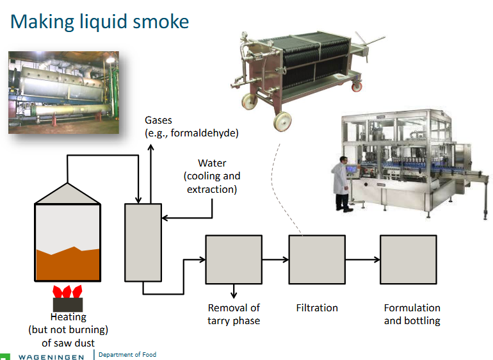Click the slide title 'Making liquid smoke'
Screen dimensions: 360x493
(99, 21)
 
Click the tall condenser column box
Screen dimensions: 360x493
(142, 242)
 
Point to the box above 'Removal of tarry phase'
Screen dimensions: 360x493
(234, 259)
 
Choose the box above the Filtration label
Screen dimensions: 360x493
(316, 259)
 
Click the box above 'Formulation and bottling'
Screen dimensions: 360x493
(408, 259)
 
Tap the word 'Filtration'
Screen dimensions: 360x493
(316, 308)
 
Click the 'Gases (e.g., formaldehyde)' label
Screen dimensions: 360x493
(191, 127)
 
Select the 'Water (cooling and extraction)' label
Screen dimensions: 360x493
(211, 177)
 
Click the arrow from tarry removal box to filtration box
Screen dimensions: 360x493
(275, 259)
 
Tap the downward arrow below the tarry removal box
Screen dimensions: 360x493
(234, 291)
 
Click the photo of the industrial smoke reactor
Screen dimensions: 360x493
(63, 93)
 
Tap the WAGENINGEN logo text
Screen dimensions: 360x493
(51, 356)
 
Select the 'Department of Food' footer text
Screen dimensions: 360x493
(127, 354)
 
